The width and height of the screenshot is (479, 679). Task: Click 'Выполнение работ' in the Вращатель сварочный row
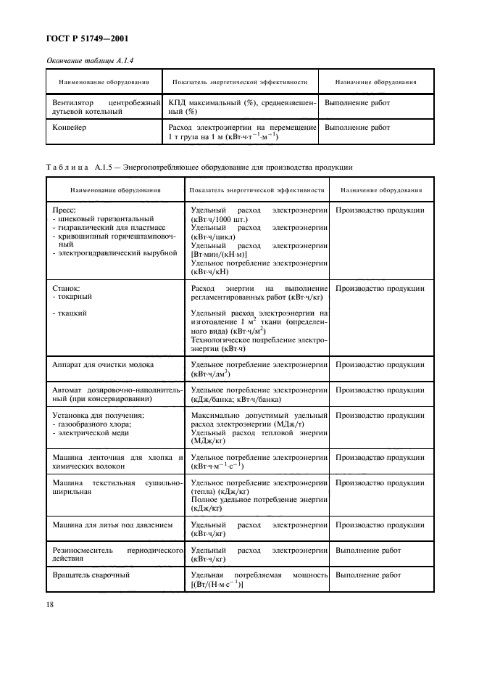tap(368, 575)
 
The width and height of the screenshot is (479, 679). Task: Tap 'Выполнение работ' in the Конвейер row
tap(357, 128)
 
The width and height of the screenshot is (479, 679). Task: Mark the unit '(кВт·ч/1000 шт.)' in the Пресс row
tap(220, 218)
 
